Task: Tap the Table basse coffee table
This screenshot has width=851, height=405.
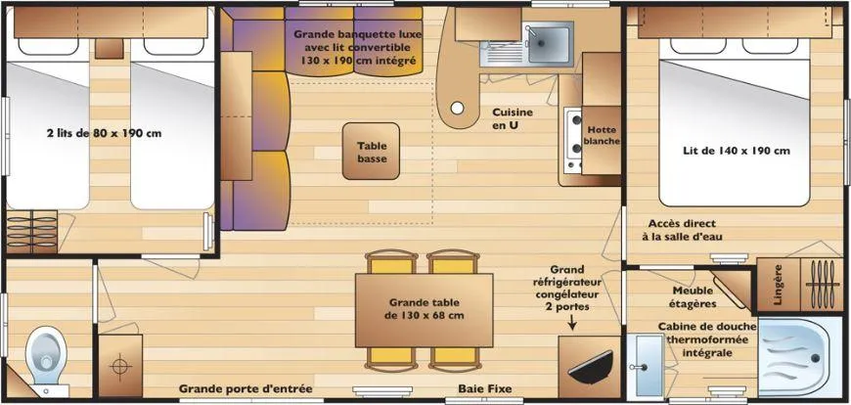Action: tap(372, 151)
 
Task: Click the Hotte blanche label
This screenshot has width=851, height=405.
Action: tap(602, 136)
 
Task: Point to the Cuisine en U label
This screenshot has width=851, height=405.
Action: tap(513, 119)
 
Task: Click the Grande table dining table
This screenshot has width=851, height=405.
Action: tap(424, 310)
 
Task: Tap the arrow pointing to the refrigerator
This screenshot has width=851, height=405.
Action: tap(572, 323)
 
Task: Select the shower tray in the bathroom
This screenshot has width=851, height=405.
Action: tap(792, 357)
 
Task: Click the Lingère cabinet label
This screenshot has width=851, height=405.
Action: tap(779, 285)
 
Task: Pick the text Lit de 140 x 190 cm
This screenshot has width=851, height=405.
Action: tap(736, 151)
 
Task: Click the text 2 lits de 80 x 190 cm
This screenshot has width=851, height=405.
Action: tap(105, 133)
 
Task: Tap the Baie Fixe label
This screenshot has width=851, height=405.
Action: tap(484, 388)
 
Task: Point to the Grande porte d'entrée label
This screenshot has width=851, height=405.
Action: tap(246, 388)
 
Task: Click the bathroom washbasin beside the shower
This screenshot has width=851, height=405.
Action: tap(649, 365)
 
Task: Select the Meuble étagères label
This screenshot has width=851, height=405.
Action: tap(694, 297)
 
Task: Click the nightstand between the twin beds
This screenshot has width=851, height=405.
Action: tap(110, 48)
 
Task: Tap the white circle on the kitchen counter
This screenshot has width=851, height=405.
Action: tap(458, 108)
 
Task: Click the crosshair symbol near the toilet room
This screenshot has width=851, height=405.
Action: tap(120, 364)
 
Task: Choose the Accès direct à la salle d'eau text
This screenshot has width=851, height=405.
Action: tap(685, 230)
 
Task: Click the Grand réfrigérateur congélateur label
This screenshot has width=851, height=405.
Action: tap(566, 289)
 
